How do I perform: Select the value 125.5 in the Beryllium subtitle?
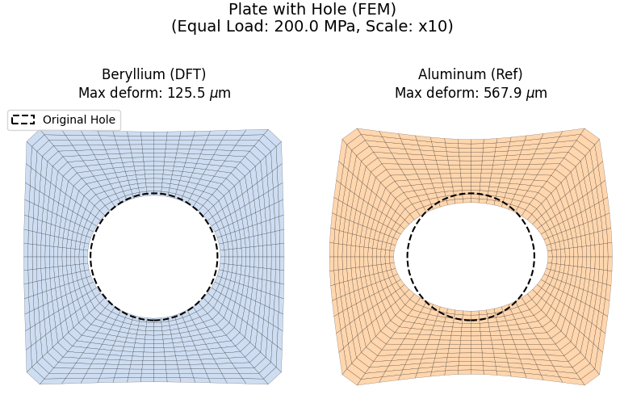186,93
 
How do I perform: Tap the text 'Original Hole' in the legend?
79,120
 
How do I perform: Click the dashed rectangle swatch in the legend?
23,120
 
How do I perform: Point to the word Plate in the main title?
247,10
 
